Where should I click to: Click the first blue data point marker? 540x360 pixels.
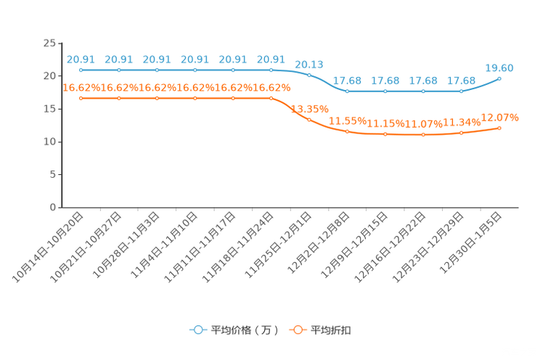tap(81, 70)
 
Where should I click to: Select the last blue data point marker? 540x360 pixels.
tap(500, 78)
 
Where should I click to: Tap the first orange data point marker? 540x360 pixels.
tap(81, 98)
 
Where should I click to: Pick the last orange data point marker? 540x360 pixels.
tap(500, 128)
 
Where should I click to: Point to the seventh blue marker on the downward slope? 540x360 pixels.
tap(310, 75)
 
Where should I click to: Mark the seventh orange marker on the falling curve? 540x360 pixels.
tap(310, 119)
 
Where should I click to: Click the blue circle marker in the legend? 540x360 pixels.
tap(197, 330)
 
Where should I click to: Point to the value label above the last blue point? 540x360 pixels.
tap(500, 67)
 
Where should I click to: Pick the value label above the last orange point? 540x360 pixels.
tap(500, 117)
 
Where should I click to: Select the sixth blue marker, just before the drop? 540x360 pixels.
tap(271, 70)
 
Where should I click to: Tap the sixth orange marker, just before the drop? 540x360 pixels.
tap(271, 98)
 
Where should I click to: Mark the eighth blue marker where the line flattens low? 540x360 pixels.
tap(348, 91)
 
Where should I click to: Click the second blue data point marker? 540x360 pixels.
tap(119, 70)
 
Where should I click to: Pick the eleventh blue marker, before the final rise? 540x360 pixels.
tap(462, 91)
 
